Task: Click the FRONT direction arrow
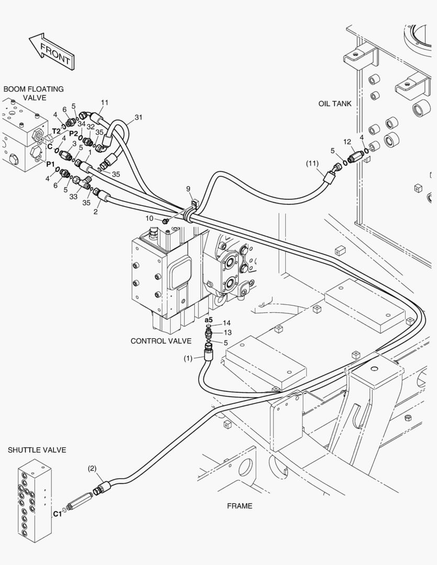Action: point(52,51)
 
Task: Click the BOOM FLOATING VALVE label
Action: point(33,93)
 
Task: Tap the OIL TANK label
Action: point(334,104)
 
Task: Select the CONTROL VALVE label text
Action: point(161,341)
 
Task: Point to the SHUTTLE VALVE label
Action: point(37,450)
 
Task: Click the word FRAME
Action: point(240,506)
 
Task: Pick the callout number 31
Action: point(139,117)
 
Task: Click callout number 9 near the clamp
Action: point(188,189)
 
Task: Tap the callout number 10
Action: point(150,218)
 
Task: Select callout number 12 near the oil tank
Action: point(347,142)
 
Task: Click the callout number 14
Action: point(227,323)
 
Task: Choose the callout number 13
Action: point(228,333)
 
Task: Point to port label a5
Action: point(209,320)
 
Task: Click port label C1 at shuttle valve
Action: point(58,514)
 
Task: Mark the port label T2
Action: point(56,131)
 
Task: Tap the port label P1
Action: point(50,164)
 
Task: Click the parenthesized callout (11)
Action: point(312,163)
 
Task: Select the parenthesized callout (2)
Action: point(92,468)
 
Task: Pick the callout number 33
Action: point(74,197)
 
